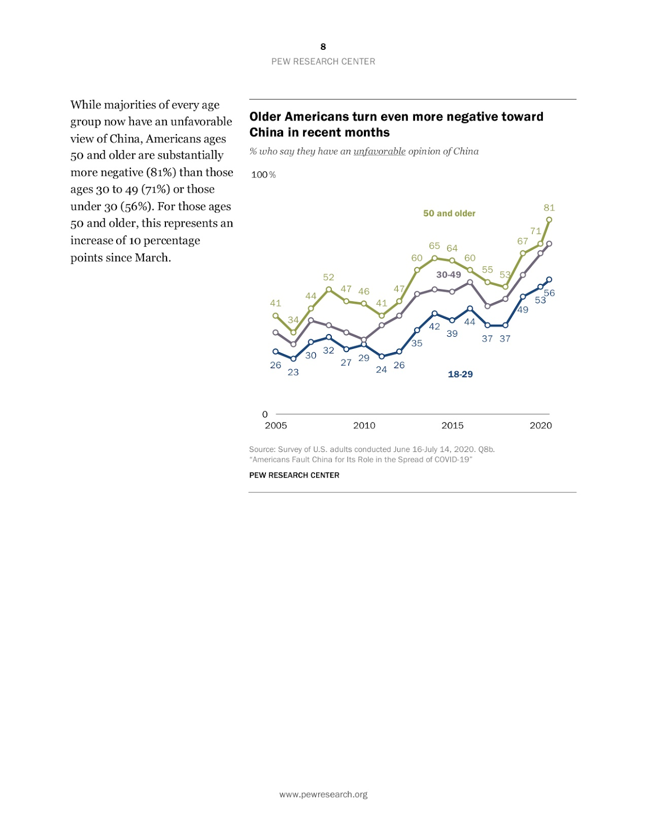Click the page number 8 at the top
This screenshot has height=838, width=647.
click(323, 47)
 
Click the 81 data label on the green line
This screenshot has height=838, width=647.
click(549, 208)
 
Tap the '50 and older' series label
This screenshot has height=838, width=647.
click(449, 213)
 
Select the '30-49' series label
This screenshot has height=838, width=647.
click(449, 274)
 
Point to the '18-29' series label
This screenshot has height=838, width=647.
click(460, 374)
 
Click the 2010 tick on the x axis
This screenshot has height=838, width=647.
click(364, 425)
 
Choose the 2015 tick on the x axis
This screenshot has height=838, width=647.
click(452, 425)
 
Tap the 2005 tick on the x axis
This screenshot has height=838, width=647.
click(276, 425)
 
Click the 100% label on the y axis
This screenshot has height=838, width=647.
click(263, 174)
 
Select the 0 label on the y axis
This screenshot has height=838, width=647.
click(265, 414)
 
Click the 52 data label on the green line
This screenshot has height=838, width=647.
click(328, 277)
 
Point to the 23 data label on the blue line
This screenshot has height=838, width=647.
click(293, 372)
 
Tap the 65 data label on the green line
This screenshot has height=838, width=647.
click(434, 246)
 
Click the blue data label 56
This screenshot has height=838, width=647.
click(549, 293)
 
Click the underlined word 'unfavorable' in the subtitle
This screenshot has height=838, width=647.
click(380, 151)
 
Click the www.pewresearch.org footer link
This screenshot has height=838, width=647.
click(323, 795)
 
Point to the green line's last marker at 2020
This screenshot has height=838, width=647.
click(549, 220)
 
